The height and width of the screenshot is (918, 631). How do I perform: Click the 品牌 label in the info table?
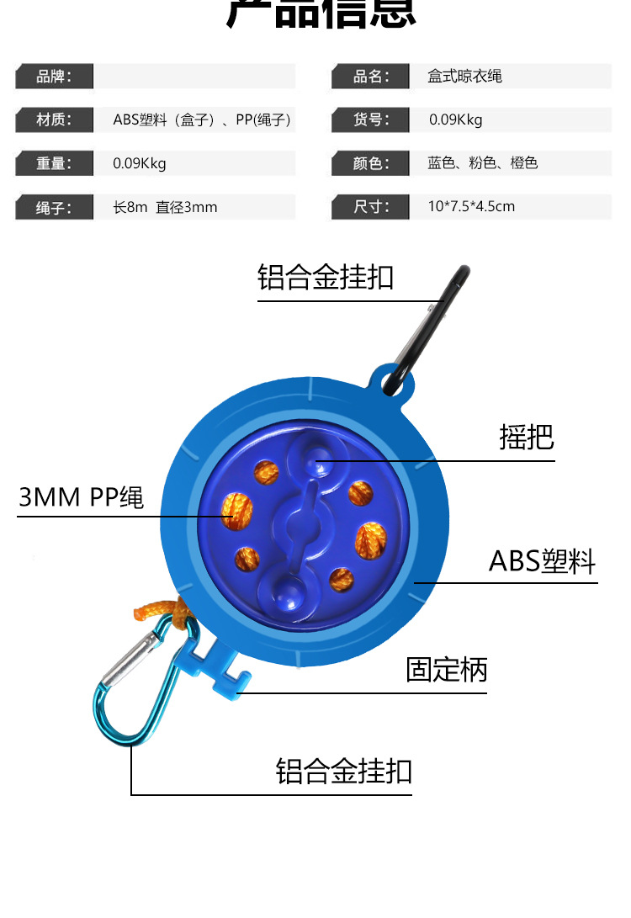click(x=54, y=77)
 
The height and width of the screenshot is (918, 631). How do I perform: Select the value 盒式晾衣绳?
click(x=464, y=77)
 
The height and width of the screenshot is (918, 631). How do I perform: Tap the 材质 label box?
click(x=54, y=119)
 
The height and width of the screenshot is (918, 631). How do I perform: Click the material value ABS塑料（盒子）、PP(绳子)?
click(x=202, y=119)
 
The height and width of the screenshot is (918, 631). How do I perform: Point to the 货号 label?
click(x=371, y=119)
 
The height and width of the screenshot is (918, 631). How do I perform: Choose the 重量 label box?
click(x=54, y=163)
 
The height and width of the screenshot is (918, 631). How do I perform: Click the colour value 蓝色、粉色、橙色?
click(x=482, y=163)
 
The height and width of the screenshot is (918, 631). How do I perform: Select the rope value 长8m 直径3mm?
click(x=165, y=207)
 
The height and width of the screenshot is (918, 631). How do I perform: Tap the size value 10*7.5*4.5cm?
click(x=471, y=207)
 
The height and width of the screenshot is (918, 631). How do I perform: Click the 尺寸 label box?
click(x=371, y=207)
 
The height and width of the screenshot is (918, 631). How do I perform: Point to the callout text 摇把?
click(x=527, y=438)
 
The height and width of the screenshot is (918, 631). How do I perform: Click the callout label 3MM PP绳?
click(x=82, y=497)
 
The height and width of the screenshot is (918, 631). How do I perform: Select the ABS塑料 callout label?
click(x=543, y=560)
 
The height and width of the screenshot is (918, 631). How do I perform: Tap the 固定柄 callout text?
click(x=447, y=670)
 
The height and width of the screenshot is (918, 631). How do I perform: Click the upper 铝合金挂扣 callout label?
click(x=326, y=277)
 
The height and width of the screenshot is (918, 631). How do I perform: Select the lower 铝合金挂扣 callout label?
click(x=344, y=771)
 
